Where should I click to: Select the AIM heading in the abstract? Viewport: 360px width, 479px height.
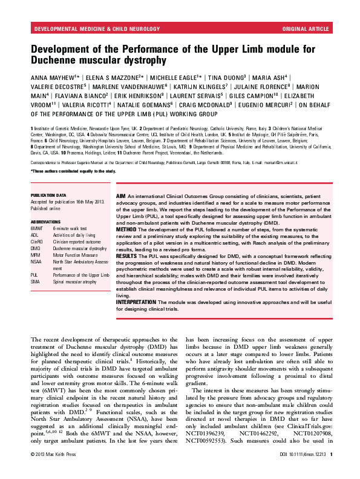point(122,197)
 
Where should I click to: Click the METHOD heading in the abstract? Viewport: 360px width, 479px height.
point(127,230)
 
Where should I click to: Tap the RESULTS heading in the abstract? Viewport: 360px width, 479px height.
point(128,257)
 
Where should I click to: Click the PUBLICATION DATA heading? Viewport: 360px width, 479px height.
point(48,196)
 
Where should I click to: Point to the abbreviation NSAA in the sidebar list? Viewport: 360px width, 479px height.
point(37,261)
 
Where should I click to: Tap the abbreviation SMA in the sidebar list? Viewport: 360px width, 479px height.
point(36,282)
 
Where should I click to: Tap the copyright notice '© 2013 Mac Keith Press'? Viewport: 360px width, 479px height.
point(55,471)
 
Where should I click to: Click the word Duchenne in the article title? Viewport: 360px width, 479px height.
point(54,61)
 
